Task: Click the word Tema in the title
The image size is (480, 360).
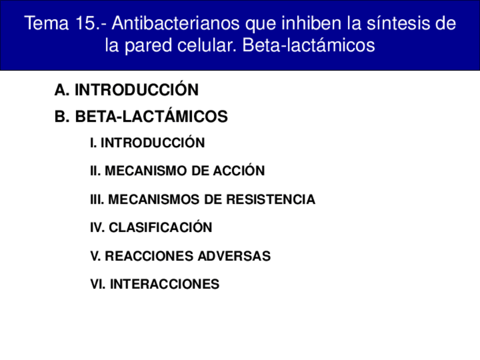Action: [46, 23]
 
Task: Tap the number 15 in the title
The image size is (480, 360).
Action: [85, 23]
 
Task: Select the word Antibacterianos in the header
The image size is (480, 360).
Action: [175, 23]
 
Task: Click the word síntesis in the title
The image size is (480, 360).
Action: [398, 23]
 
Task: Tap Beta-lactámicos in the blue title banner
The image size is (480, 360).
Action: [308, 45]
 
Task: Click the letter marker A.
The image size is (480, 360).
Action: [61, 90]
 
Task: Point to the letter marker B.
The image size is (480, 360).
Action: [61, 117]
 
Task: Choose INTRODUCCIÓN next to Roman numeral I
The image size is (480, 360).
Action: [153, 142]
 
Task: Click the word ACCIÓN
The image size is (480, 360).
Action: [239, 170]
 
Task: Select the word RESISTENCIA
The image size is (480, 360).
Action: [271, 199]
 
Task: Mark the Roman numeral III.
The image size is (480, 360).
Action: [97, 199]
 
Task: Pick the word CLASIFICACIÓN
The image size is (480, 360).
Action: [160, 227]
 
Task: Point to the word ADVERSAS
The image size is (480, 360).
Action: [234, 256]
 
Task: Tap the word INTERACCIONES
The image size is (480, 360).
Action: [165, 284]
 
